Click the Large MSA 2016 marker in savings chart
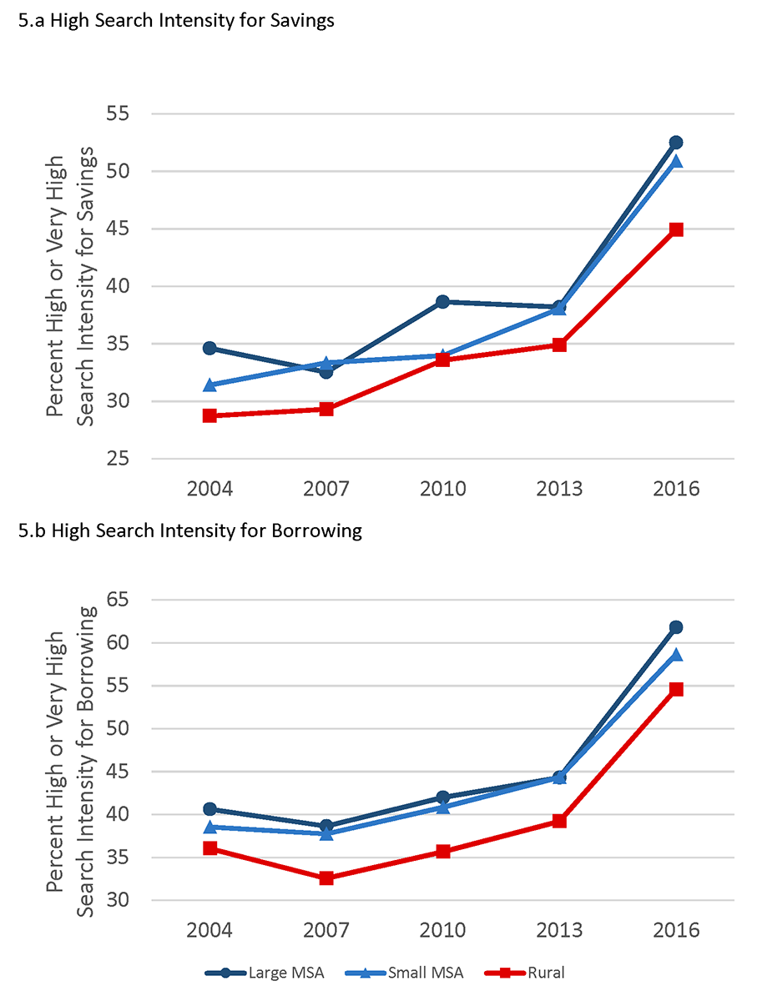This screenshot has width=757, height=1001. [676, 143]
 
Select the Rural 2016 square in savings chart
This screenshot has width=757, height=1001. [676, 229]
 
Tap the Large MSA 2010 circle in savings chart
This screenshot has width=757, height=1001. [442, 302]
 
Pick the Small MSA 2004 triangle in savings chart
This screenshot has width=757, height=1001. [209, 385]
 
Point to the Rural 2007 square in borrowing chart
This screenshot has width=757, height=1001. [326, 878]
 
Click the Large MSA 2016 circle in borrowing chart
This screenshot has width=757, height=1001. [676, 627]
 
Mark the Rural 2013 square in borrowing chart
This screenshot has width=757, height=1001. [559, 821]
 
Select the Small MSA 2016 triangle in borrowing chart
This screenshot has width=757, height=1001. [676, 655]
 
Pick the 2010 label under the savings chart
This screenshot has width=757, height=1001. [442, 488]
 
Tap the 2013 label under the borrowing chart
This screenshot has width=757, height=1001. [559, 929]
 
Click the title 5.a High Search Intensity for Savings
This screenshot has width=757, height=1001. [176, 22]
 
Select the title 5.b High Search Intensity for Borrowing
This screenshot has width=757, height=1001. [190, 531]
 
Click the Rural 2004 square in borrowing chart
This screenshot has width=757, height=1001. [209, 848]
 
